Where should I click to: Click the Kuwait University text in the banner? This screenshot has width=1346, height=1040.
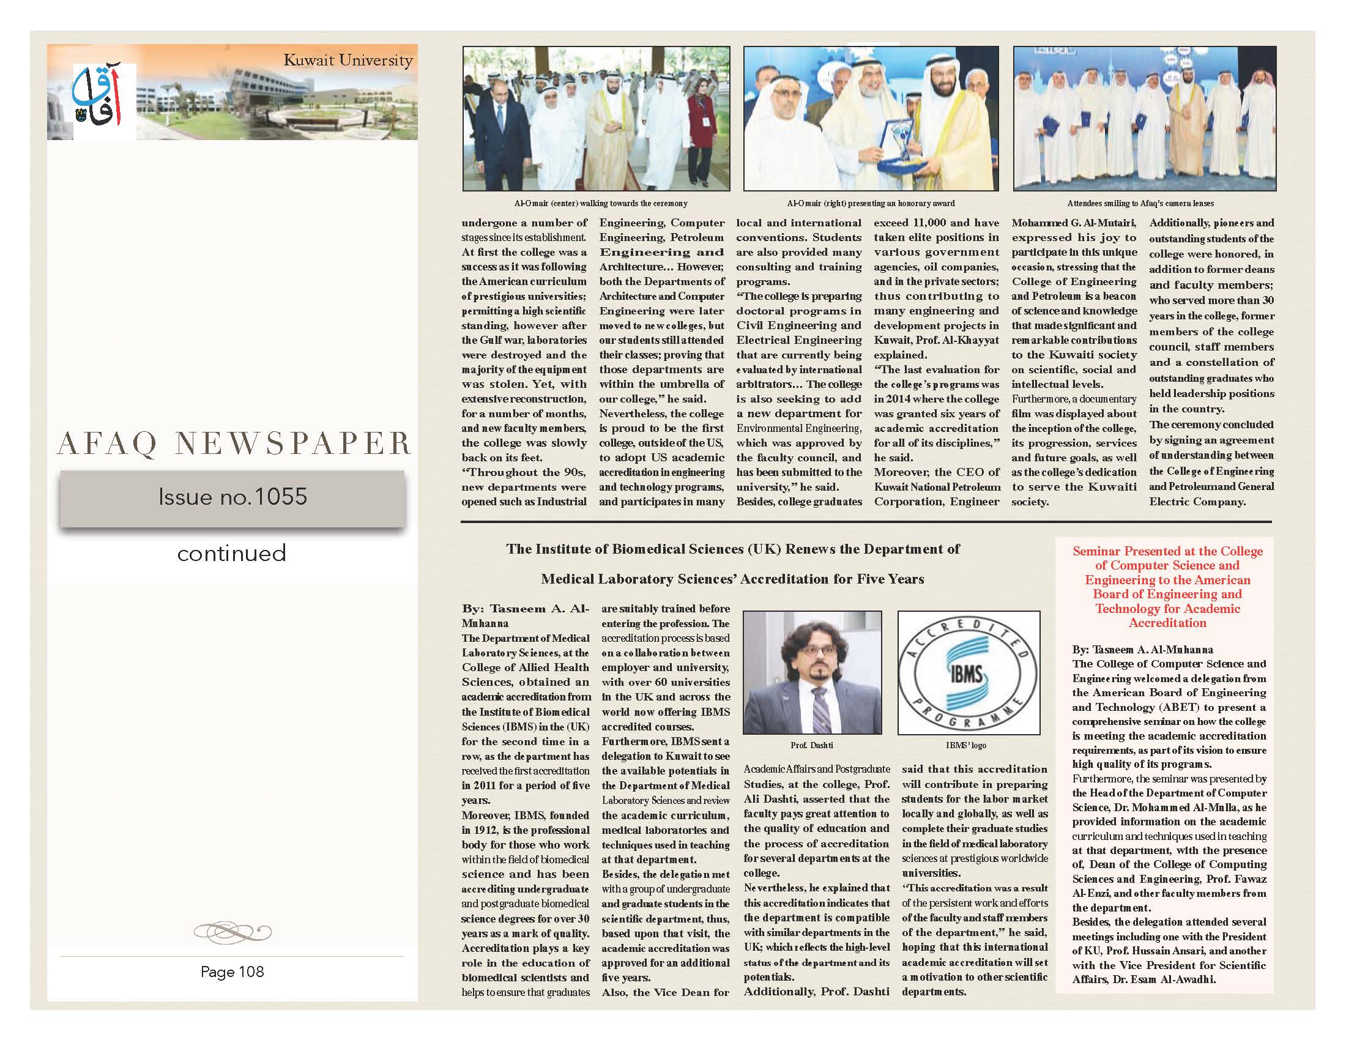click(348, 61)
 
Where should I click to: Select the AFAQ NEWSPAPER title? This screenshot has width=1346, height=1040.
click(234, 444)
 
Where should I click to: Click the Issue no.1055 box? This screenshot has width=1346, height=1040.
click(232, 497)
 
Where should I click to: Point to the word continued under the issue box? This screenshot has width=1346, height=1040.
click(232, 552)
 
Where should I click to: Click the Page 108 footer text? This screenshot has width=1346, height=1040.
click(232, 971)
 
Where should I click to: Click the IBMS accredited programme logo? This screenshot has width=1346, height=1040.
click(969, 672)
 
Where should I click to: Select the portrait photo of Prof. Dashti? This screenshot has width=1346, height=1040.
click(812, 672)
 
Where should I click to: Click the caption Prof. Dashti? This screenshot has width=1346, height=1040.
click(812, 745)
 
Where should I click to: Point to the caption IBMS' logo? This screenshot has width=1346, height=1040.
click(965, 745)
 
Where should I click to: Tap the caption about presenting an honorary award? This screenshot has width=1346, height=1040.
click(871, 203)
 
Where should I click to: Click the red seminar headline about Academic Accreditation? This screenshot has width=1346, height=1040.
click(1167, 587)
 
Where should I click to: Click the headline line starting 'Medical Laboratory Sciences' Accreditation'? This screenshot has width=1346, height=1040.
click(732, 579)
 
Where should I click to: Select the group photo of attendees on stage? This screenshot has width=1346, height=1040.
click(1145, 118)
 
